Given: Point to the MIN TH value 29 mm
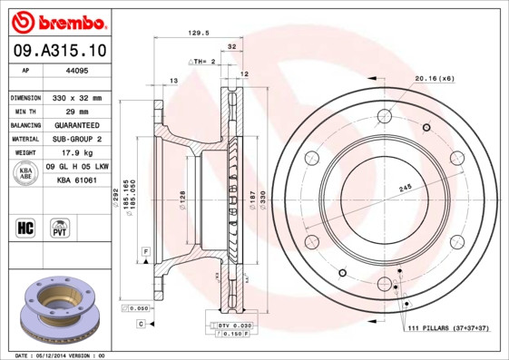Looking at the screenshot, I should pos(73,111).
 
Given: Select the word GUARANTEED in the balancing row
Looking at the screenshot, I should pos(73,125).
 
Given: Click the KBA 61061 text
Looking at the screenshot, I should pos(77,181).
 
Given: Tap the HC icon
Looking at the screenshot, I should pos(24,226).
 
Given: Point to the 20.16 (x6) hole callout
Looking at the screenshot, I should pos(434,79).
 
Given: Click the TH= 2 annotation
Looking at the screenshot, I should pos(203,62).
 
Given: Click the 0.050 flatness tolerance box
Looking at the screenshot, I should pos(140,308).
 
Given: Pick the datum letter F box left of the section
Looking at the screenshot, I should pos(144,249).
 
